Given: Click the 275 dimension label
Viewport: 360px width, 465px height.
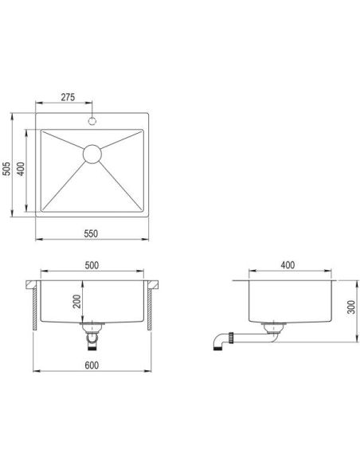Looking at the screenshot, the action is pyautogui.click(x=68, y=97).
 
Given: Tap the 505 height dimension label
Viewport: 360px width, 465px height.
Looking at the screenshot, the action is pyautogui.click(x=6, y=169).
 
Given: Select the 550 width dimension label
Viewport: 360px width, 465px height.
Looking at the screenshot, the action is pyautogui.click(x=91, y=233).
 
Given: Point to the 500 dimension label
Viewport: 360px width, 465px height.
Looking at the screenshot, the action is pyautogui.click(x=92, y=265).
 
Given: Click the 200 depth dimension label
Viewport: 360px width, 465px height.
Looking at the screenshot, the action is pyautogui.click(x=76, y=301).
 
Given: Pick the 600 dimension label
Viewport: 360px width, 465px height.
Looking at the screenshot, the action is pyautogui.click(x=92, y=365).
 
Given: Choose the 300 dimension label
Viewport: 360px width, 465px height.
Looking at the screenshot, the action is pyautogui.click(x=351, y=307).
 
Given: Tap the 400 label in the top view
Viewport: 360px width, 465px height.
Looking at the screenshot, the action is pyautogui.click(x=21, y=169).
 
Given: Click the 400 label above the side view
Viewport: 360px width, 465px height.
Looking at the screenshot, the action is pyautogui.click(x=288, y=265).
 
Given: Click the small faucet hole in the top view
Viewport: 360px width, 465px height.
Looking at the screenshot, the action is pyautogui.click(x=92, y=121).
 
